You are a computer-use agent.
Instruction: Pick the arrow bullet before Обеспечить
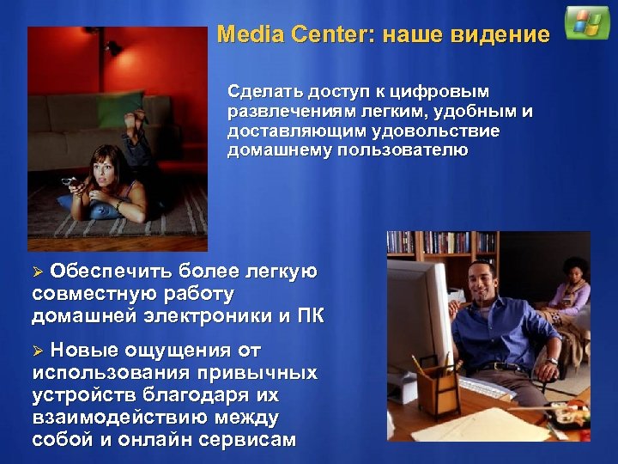click(x=37, y=272)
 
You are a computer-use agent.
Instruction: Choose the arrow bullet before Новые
click(x=37, y=351)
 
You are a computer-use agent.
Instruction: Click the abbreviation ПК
click(x=310, y=314)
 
